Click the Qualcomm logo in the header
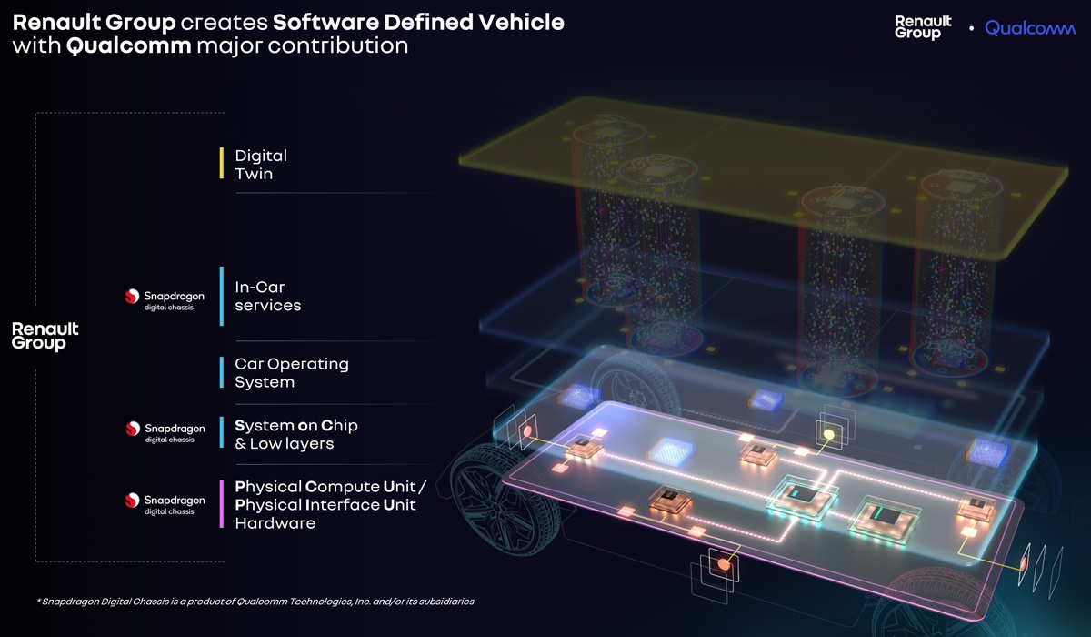point(1030,28)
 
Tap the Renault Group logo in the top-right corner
point(923,27)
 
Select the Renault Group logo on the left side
point(45,336)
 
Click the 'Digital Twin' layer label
point(261,165)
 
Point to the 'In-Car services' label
point(268,296)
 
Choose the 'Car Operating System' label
point(292,373)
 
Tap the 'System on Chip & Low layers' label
point(296,434)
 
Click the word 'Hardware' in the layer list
point(275,523)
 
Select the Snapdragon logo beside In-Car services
point(165,298)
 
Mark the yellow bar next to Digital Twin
point(222,163)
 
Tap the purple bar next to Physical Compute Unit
point(222,504)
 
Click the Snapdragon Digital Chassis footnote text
point(255,602)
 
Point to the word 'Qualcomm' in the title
point(128,45)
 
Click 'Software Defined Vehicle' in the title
point(418,23)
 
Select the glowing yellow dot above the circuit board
point(828,434)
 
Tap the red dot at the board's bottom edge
point(724,564)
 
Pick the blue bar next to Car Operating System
point(222,372)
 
